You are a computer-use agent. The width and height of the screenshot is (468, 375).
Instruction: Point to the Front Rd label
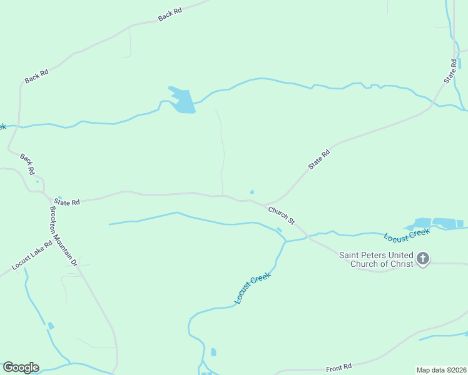339,367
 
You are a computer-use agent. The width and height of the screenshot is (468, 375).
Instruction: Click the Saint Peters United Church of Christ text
376,259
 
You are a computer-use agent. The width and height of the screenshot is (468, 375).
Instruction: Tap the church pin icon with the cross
423,258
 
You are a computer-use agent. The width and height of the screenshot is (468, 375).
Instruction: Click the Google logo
21,367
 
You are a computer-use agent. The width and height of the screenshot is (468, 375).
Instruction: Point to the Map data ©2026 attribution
440,369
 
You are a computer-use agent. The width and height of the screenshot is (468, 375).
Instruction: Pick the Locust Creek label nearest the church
407,236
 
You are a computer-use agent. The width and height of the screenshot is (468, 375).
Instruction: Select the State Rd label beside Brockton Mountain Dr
67,202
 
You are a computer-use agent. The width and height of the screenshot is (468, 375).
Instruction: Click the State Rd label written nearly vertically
451,72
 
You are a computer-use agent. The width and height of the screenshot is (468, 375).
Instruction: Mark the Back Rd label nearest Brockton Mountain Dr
27,164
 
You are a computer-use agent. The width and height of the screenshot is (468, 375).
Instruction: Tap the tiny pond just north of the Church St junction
252,192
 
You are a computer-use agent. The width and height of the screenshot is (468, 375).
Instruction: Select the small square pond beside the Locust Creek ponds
460,223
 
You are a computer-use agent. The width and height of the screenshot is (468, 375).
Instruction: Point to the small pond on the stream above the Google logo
51,326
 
